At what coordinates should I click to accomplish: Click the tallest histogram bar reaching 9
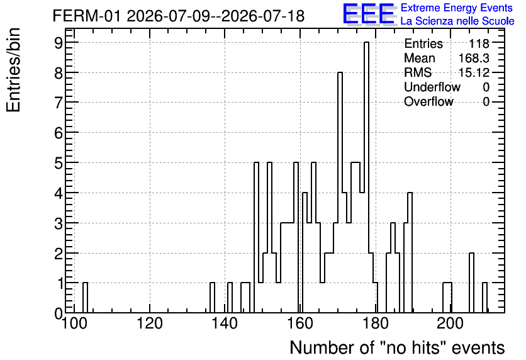click(366, 177)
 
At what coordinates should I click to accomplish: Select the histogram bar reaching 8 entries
click(340, 193)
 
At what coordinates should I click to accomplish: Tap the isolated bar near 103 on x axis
click(85, 298)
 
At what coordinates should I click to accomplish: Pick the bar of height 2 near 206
click(471, 283)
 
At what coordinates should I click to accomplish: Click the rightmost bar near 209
click(484, 298)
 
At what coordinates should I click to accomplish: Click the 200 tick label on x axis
click(450, 323)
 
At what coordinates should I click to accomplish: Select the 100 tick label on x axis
click(74, 323)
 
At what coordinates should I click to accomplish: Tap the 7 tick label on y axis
click(59, 103)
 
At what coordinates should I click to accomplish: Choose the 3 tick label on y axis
click(59, 223)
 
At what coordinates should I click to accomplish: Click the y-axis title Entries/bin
click(14, 70)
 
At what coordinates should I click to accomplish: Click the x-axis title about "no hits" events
click(397, 347)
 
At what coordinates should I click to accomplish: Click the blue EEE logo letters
click(369, 14)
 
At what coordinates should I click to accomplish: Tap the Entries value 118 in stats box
click(479, 43)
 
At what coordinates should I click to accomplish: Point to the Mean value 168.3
click(474, 58)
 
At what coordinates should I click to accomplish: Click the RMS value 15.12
click(474, 72)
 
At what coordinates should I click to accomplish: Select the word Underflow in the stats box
click(432, 87)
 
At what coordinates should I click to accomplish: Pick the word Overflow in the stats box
click(428, 101)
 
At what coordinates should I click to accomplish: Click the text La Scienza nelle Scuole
click(457, 21)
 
